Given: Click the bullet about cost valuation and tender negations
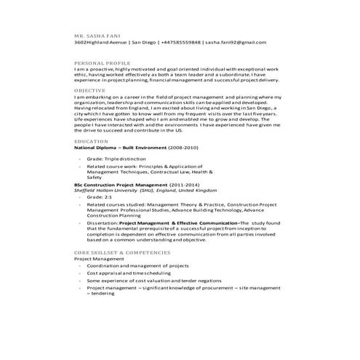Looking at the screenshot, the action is (143, 280).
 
